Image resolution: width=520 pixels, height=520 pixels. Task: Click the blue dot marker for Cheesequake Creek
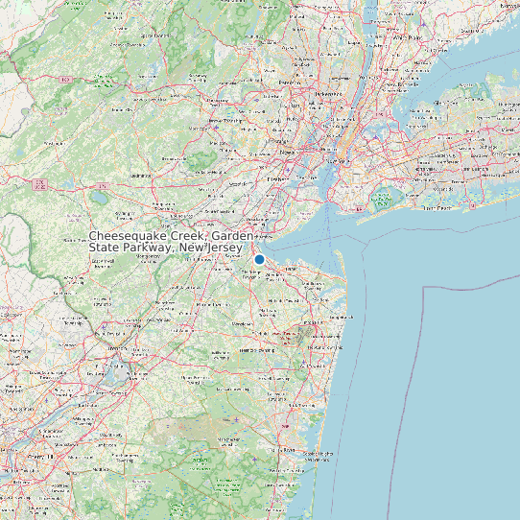pyautogui.click(x=259, y=259)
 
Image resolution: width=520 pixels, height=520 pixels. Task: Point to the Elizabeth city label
pyautogui.click(x=277, y=178)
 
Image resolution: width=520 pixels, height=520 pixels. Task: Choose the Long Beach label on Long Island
pyautogui.click(x=437, y=207)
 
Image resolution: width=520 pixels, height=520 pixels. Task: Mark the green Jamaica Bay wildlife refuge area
pyautogui.click(x=383, y=200)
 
